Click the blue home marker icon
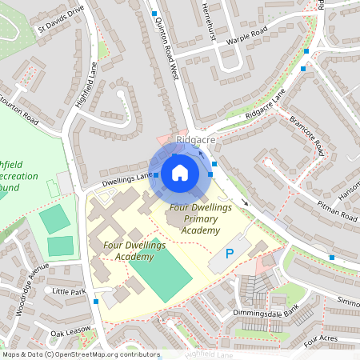tap(180, 172)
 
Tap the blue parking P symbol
tap(230, 254)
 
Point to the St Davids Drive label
tap(61, 22)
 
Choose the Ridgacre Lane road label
tap(266, 102)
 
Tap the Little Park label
tap(68, 293)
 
